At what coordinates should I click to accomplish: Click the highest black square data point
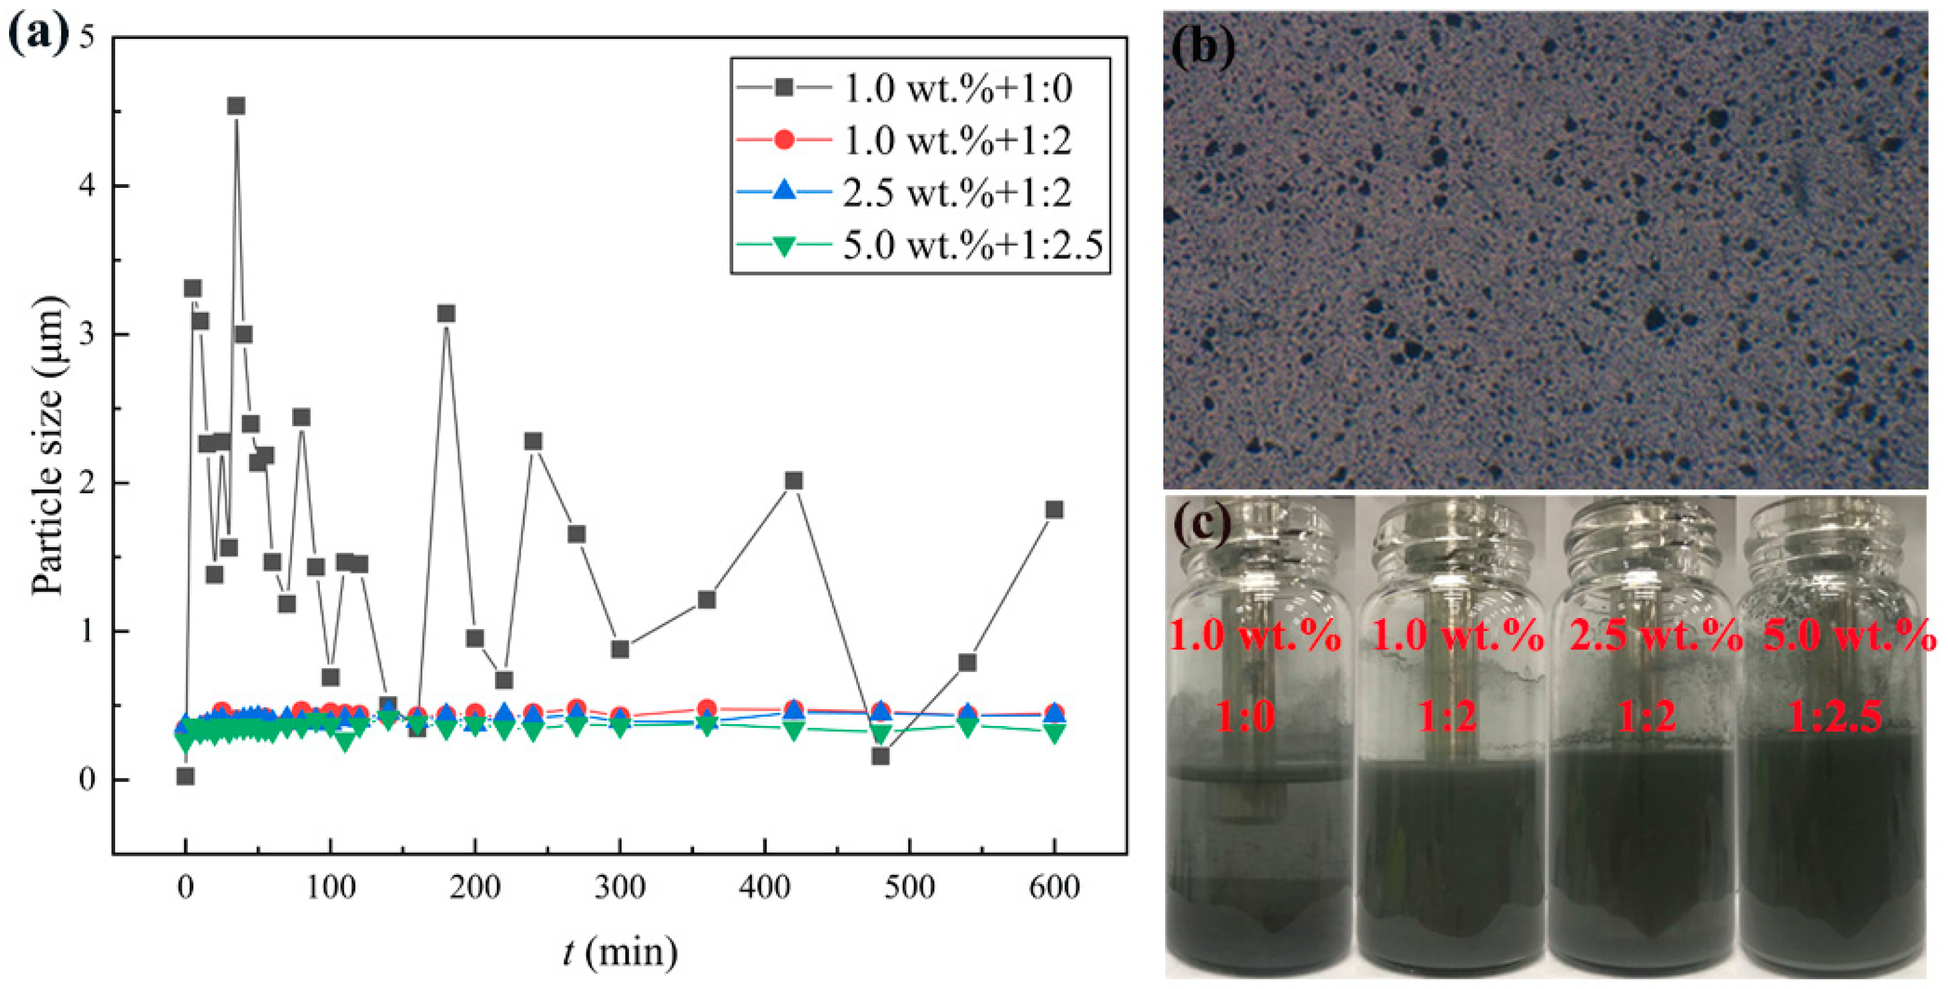[236, 106]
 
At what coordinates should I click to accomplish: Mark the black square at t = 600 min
[1054, 510]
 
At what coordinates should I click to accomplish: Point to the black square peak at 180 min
[446, 313]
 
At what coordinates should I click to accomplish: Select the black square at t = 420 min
[793, 480]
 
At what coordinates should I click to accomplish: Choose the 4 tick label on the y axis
[88, 186]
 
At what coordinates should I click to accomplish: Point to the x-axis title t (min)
[620, 951]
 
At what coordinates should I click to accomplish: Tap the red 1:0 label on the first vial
[1246, 714]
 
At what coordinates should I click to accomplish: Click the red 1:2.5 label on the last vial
[1835, 714]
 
